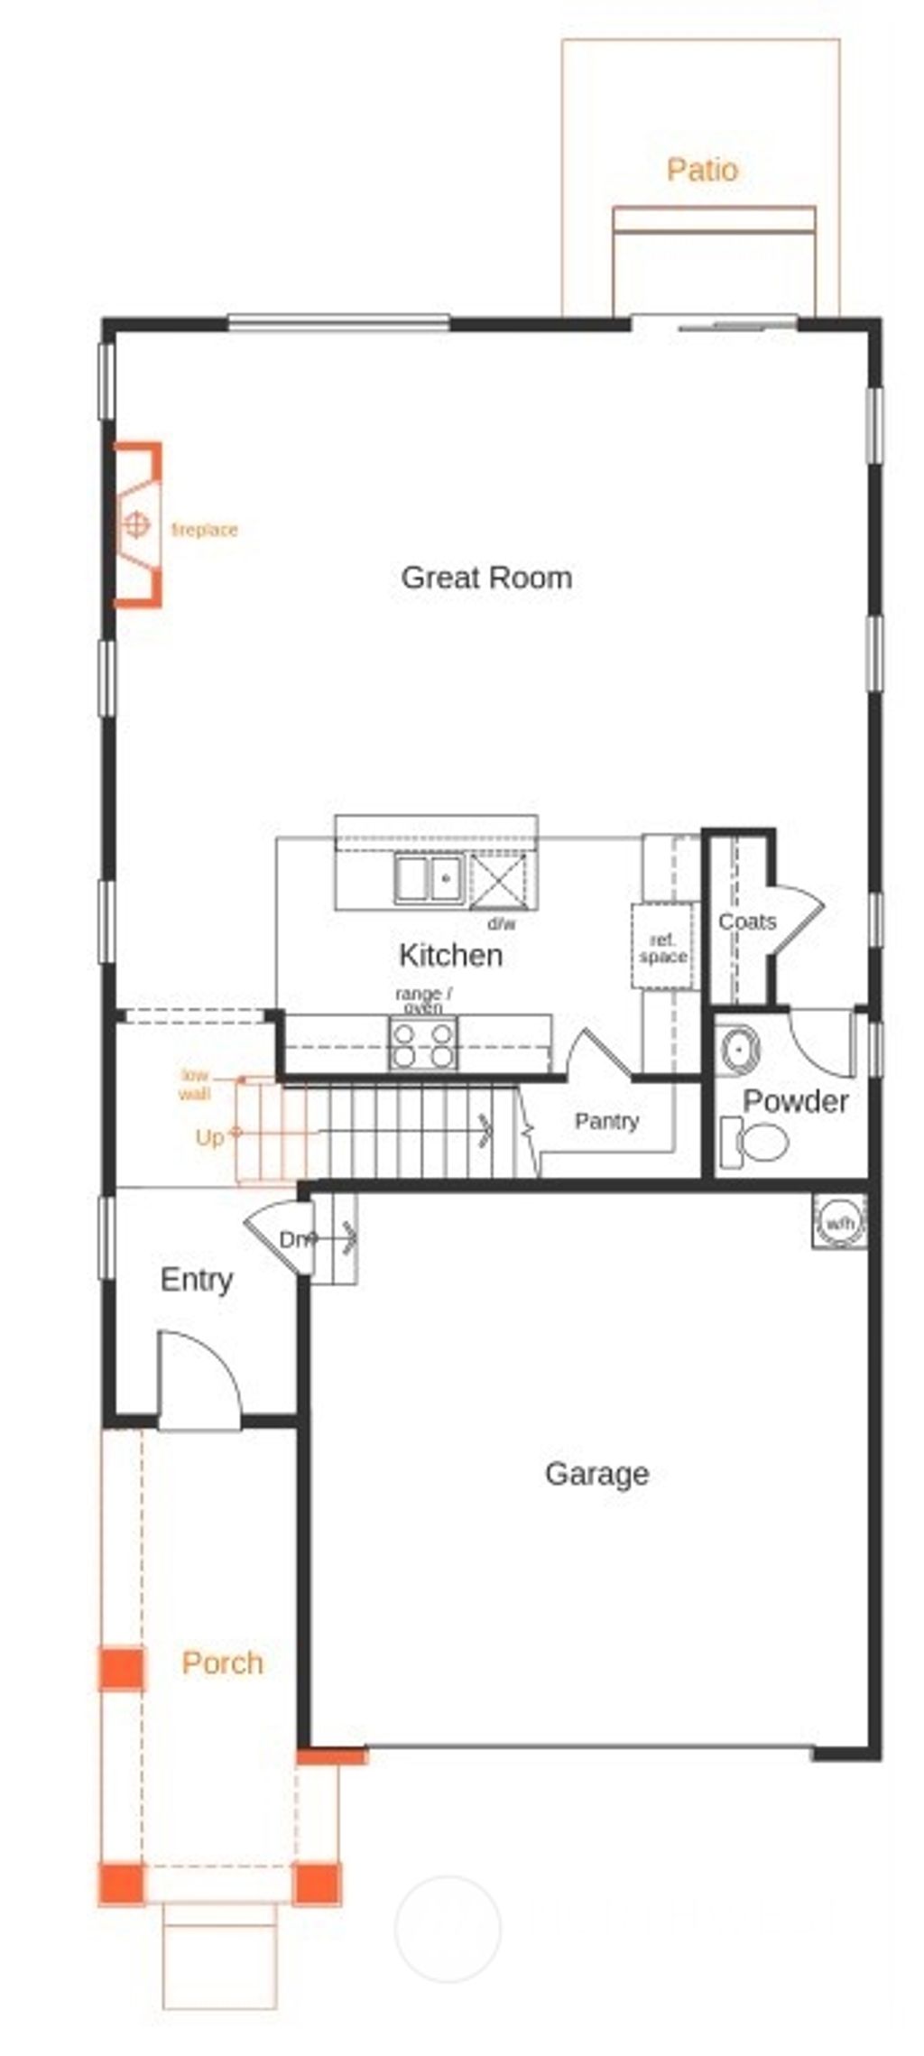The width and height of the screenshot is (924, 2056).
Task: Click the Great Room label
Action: [486, 578]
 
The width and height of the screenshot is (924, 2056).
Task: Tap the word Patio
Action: [702, 170]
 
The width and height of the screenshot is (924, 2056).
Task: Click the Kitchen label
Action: [450, 955]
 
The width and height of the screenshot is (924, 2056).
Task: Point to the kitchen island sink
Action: [428, 878]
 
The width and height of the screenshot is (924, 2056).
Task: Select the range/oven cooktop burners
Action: [423, 1045]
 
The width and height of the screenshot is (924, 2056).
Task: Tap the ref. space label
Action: [663, 949]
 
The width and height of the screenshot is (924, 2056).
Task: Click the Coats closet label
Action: [747, 921]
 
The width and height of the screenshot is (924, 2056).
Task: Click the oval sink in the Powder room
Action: [740, 1050]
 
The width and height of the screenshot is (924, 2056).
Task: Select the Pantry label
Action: [606, 1121]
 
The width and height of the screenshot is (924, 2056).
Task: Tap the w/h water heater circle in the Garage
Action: [839, 1224]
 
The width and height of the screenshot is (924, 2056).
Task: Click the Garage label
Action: [596, 1474]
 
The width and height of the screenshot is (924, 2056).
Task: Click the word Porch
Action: [222, 1662]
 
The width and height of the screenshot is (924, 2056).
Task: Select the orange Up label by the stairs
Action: [209, 1137]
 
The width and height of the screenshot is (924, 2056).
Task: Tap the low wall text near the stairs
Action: [194, 1084]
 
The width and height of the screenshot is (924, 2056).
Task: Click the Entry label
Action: [196, 1279]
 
